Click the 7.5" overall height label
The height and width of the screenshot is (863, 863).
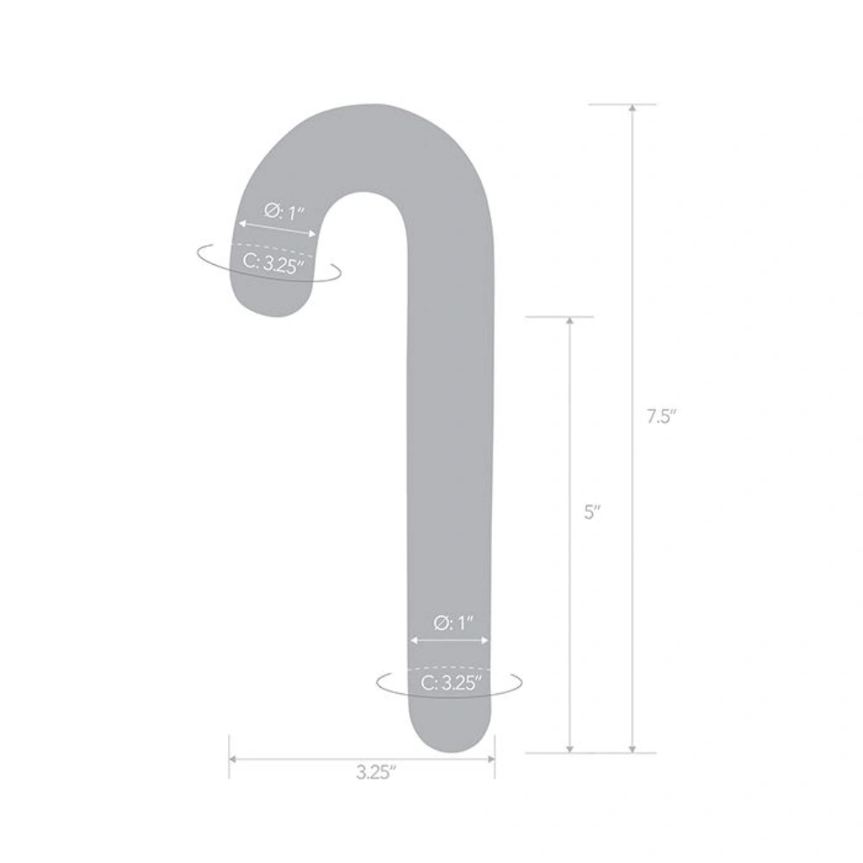pyautogui.click(x=661, y=416)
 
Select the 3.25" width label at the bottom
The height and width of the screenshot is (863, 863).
pyautogui.click(x=375, y=773)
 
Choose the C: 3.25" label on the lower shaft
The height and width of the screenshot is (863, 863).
pyautogui.click(x=450, y=684)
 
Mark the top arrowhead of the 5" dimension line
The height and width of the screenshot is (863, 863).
pyautogui.click(x=570, y=321)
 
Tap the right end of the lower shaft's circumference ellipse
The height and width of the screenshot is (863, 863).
pyautogui.click(x=521, y=682)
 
